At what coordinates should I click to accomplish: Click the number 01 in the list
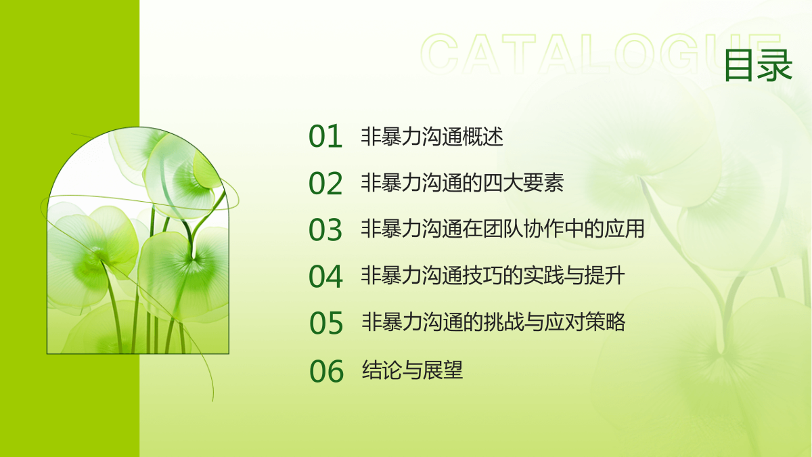(x=325, y=136)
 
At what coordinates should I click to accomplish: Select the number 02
(x=325, y=183)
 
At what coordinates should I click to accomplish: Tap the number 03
(x=325, y=230)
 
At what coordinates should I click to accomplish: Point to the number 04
(x=325, y=276)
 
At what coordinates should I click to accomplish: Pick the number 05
(x=326, y=323)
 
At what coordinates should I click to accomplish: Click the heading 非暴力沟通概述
(x=432, y=136)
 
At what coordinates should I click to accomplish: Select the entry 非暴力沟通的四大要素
(x=463, y=182)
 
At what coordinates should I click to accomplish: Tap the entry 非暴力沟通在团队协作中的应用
(x=503, y=229)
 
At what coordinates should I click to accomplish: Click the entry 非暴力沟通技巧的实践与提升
(x=493, y=276)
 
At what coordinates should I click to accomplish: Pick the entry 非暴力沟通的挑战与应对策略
(x=494, y=322)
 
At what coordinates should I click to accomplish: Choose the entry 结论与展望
(x=413, y=370)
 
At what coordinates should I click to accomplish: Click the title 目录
(x=759, y=65)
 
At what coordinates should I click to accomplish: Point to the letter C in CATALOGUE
(x=440, y=53)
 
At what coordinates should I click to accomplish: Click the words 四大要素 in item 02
(x=524, y=182)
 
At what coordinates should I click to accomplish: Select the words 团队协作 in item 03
(x=524, y=229)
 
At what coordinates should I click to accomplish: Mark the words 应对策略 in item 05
(x=585, y=322)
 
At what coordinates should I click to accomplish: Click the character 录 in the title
(x=775, y=65)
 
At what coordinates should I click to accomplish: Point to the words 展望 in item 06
(x=443, y=370)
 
